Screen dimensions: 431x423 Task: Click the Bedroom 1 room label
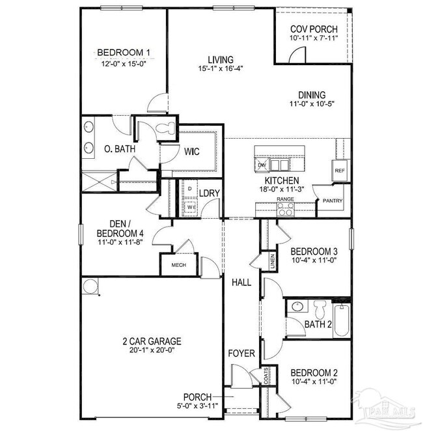pos(124,53)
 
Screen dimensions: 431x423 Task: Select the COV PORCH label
pos(313,29)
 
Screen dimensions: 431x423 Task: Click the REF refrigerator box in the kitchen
pos(339,171)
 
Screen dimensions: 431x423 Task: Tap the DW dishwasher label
pos(262,165)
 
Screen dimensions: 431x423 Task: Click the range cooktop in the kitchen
pos(285,209)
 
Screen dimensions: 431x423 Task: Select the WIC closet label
pos(191,152)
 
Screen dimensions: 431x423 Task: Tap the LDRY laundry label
pos(208,193)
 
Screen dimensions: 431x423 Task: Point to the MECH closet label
pos(178,266)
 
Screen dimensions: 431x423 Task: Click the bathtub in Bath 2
pos(342,320)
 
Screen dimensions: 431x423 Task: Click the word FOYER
pos(241,354)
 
